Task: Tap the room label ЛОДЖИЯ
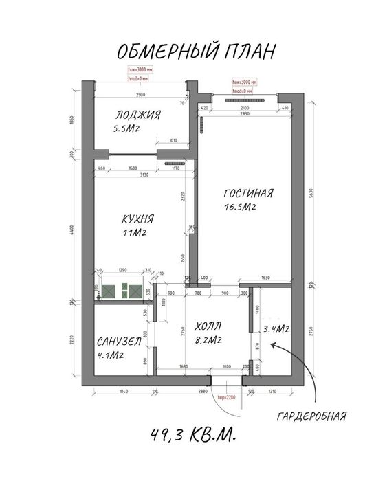point(138,115)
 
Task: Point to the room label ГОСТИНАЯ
point(249,193)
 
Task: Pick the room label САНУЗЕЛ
point(120,342)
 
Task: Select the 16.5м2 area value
point(240,207)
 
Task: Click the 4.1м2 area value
point(110,355)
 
